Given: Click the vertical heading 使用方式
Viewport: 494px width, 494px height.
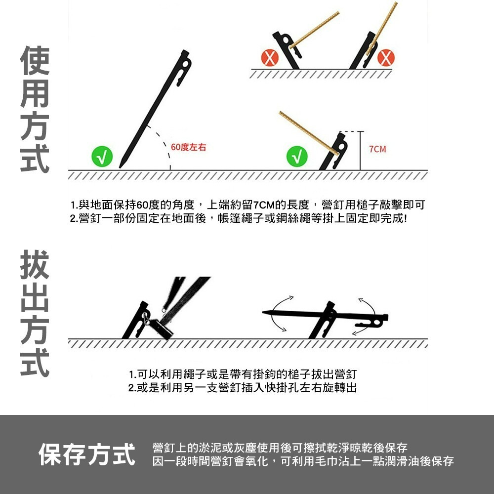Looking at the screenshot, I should (35, 110).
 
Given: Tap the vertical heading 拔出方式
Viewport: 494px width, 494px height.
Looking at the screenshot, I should (35, 314).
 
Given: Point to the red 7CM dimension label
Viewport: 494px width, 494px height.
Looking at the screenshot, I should (377, 149).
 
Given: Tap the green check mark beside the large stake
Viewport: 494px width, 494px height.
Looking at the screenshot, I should (102, 157).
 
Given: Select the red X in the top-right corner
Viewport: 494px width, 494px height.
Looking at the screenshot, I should (386, 58).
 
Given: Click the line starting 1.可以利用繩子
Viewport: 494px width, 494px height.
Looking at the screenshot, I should (242, 373).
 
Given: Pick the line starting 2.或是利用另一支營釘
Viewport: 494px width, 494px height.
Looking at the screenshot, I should (242, 387).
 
